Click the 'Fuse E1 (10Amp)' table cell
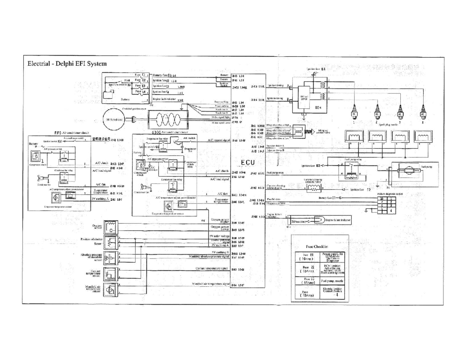[306, 257]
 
